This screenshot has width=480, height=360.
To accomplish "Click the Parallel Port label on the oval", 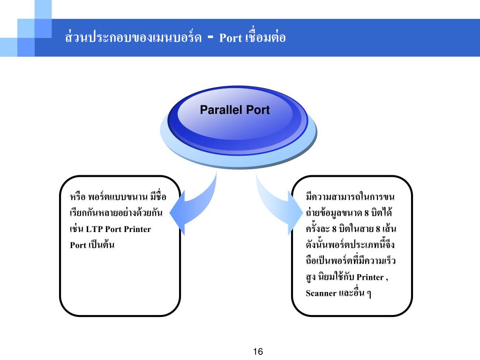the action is (235, 110).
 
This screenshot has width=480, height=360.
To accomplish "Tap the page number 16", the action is (258, 352).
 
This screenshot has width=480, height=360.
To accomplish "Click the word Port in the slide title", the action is (230, 38).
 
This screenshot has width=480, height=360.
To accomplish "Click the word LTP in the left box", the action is (94, 229).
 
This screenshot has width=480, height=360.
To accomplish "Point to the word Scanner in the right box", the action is (321, 293).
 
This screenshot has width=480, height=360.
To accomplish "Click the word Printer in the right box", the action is (370, 277).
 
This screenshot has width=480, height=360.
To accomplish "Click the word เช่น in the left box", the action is (76, 229).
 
